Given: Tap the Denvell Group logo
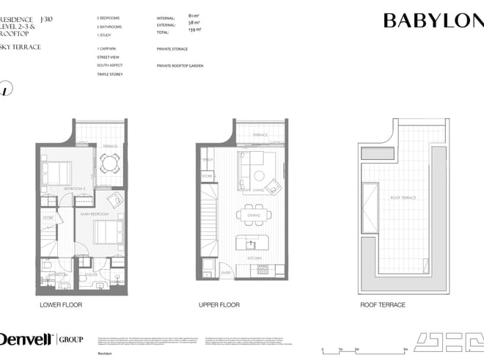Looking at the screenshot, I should pos(41,339).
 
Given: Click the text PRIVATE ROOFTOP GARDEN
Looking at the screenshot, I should pos(180,65).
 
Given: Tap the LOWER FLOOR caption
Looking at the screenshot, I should pos(60,304).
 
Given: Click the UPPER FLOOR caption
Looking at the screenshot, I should pos(219,304).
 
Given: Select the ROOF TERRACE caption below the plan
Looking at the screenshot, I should pos(382,304).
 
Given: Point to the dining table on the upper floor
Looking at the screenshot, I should pos(252,215).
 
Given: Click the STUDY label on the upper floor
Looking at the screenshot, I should pos(208,159).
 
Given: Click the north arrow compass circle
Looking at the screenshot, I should pos(5,89).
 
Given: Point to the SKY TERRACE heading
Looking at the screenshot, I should pos(21,47).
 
